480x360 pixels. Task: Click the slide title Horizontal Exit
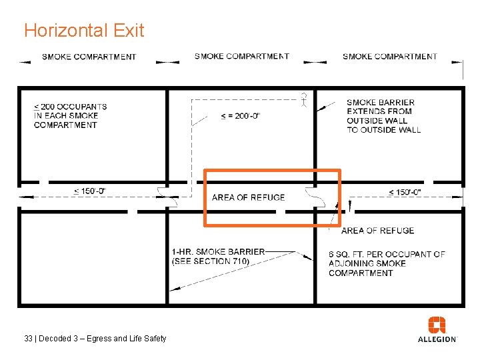coord(83,31)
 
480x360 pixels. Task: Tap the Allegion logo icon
coord(437,325)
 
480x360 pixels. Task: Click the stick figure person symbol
coord(303,100)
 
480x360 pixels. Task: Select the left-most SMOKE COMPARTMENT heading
coord(89,57)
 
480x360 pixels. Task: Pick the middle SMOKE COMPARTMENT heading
coord(241,56)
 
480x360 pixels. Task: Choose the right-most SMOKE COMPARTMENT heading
coord(389,56)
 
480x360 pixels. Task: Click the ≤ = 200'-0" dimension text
coord(240,116)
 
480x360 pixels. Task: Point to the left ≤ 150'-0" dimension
coord(89,191)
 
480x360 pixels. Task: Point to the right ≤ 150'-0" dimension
coord(404,192)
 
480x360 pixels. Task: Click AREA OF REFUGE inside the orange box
coord(248,197)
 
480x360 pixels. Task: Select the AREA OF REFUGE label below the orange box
coord(377,231)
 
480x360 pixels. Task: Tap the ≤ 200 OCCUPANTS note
coord(70,115)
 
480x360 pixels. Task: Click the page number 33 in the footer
coord(28,339)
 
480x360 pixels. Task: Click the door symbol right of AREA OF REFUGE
coord(311,195)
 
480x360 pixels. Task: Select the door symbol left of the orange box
coord(162,193)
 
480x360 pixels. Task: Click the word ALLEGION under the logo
coord(437,339)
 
